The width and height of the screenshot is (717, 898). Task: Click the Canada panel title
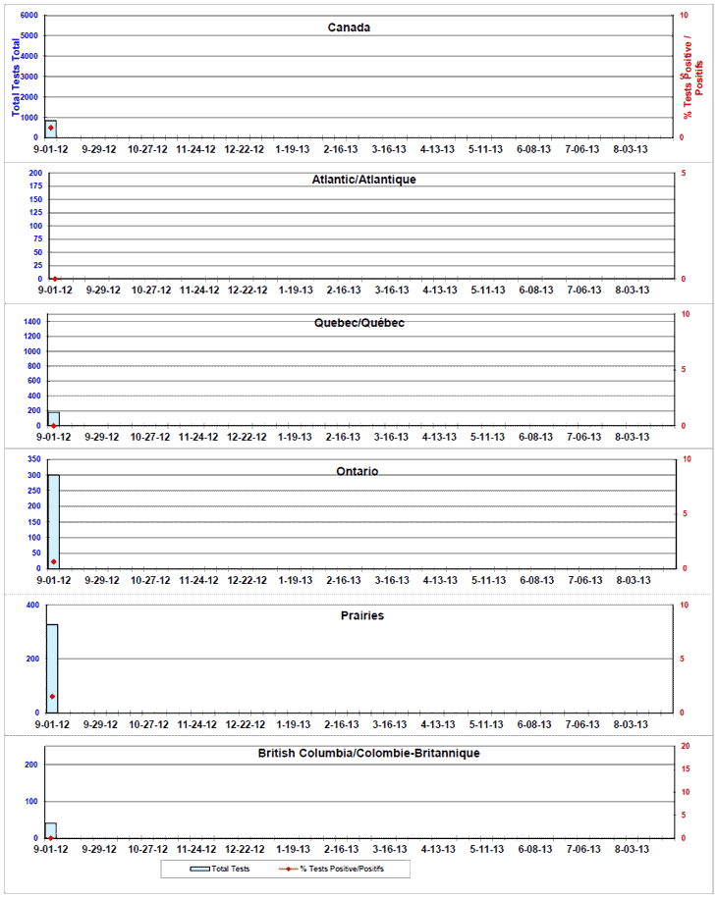[349, 27]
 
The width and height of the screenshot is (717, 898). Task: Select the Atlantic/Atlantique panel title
[363, 180]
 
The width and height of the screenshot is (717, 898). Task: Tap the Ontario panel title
[359, 471]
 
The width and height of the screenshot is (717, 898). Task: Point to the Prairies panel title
[361, 616]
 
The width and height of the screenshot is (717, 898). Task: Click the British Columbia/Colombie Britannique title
[368, 753]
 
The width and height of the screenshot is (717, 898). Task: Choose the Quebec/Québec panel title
[358, 323]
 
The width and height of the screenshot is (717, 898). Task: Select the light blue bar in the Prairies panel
[52, 667]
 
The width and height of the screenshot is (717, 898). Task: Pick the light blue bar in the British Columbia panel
[51, 830]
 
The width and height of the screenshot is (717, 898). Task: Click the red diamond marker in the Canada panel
[51, 129]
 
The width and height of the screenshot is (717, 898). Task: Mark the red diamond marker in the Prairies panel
[52, 697]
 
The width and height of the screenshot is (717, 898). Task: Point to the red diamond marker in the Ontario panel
[53, 562]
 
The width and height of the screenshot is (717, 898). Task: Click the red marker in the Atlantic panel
[55, 279]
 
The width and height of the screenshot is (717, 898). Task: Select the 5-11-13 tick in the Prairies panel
[486, 725]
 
